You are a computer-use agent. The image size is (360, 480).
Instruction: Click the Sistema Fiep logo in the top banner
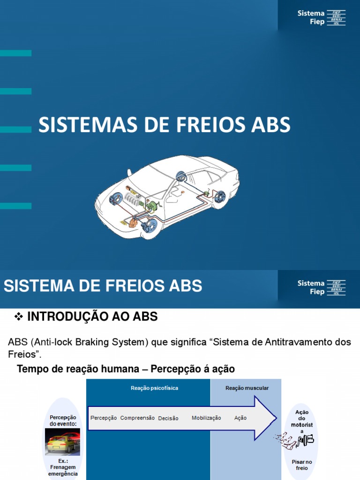[x=322, y=18]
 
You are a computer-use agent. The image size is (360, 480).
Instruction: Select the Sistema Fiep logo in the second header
[x=322, y=287]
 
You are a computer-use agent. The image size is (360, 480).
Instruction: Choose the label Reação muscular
[x=247, y=388]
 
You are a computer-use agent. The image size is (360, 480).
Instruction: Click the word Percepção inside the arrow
[x=104, y=418]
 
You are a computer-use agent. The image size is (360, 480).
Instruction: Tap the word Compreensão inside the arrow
[x=137, y=418]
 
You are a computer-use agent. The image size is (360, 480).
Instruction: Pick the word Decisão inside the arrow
[x=168, y=418]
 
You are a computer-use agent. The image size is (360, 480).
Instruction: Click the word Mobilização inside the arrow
[x=206, y=418]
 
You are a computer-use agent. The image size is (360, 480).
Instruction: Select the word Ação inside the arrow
[x=240, y=418]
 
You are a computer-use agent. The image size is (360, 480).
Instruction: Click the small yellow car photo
[x=62, y=441]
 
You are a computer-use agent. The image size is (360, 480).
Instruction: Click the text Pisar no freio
[x=302, y=465]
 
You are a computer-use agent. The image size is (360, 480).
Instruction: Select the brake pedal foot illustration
[x=294, y=440]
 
